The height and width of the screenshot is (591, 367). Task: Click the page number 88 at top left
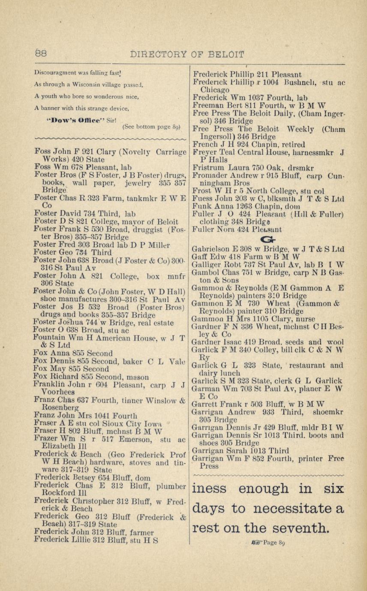(41, 54)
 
